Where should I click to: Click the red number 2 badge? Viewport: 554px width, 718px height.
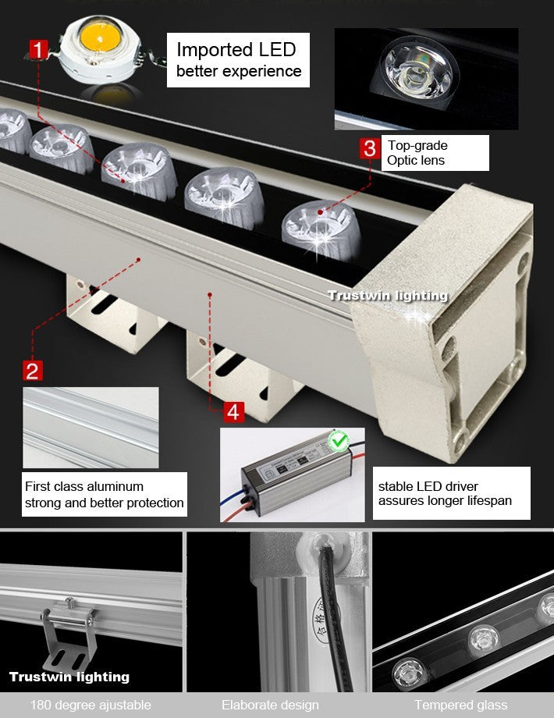coord(33,369)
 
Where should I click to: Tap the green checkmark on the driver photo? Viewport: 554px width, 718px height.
coord(339,442)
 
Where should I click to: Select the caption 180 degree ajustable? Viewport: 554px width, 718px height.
coord(91,705)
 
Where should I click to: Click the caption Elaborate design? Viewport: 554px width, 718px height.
coord(270,705)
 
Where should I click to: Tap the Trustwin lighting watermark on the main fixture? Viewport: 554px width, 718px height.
coord(387,295)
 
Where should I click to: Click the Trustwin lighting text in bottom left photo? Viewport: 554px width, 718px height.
coord(69,677)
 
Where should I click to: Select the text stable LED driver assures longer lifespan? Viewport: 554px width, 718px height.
coord(445,493)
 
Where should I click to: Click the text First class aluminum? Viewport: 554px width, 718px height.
coord(84,486)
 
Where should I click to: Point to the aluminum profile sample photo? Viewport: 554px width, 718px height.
coord(91,427)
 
